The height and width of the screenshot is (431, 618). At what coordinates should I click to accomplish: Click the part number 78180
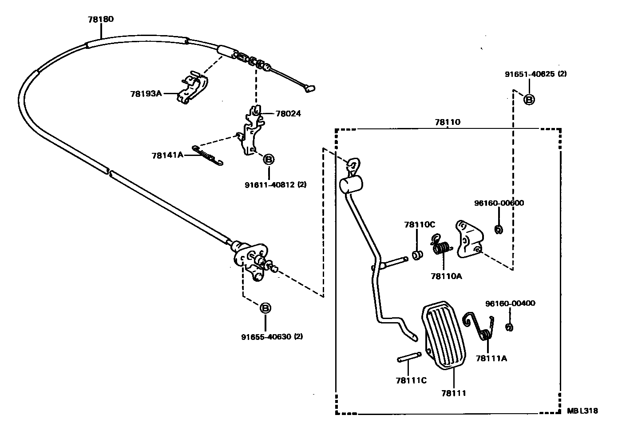pyautogui.click(x=101, y=20)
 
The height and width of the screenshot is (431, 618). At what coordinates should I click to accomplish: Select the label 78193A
pyautogui.click(x=146, y=94)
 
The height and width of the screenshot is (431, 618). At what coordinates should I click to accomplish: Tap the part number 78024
pyautogui.click(x=288, y=114)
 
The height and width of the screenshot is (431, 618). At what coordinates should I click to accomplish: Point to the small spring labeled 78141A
pyautogui.click(x=207, y=156)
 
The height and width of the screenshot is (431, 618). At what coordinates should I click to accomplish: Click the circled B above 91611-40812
pyautogui.click(x=269, y=159)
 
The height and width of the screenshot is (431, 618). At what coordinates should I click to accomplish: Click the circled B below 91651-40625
pyautogui.click(x=529, y=100)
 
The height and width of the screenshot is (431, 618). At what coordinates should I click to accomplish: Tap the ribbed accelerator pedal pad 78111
pyautogui.click(x=445, y=335)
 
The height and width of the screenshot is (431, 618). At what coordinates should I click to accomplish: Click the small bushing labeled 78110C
pyautogui.click(x=417, y=256)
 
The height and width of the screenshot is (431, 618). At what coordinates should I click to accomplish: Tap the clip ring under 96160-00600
pyautogui.click(x=498, y=229)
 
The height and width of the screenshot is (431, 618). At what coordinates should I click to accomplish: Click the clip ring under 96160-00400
pyautogui.click(x=510, y=327)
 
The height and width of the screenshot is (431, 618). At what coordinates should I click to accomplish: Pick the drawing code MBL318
pyautogui.click(x=582, y=411)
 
